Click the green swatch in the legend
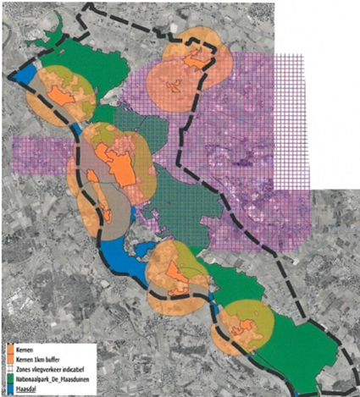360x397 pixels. click(8, 380)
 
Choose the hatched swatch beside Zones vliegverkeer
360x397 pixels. click(8, 369)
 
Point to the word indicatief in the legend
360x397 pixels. click(75, 369)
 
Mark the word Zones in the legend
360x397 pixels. click(22, 369)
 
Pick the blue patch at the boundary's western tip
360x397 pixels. click(20, 74)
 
